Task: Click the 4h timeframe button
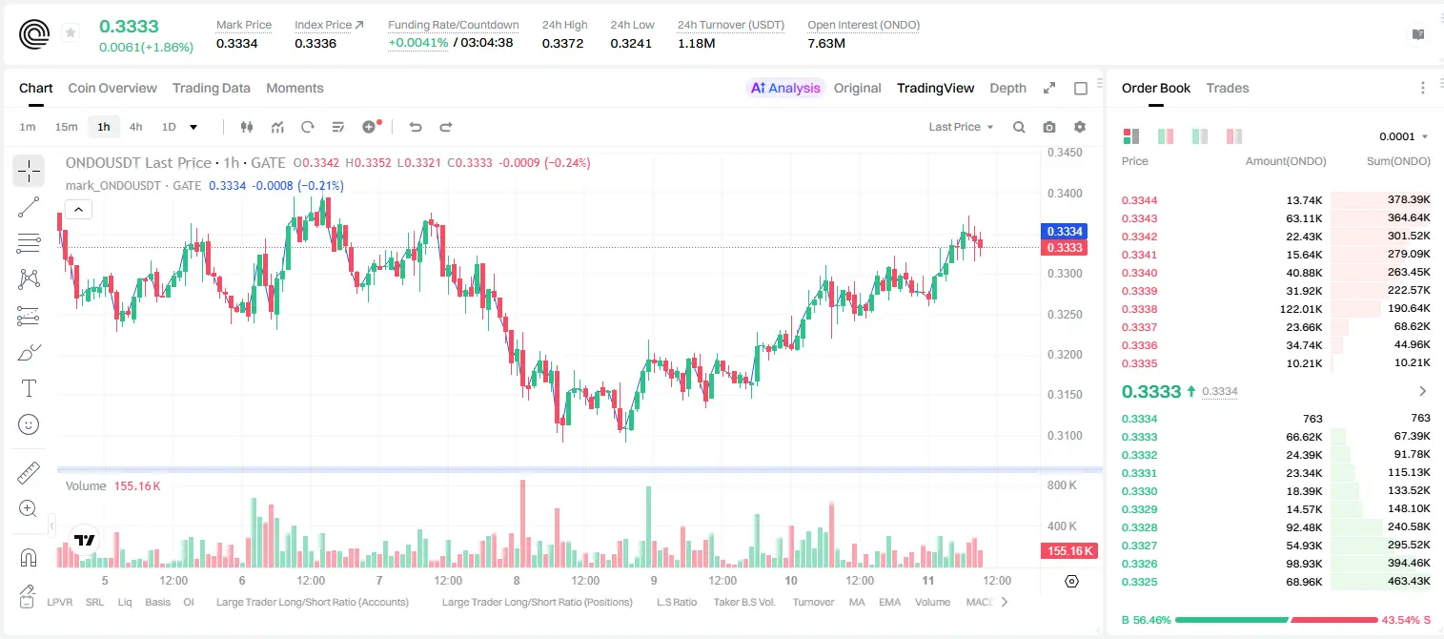point(135,127)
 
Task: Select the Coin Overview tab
point(112,88)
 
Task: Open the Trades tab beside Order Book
point(1228,88)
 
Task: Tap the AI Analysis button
point(785,88)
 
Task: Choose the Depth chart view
point(1007,88)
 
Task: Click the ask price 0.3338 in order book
point(1139,309)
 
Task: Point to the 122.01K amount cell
point(1301,309)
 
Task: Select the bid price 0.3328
point(1139,526)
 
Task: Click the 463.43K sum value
point(1409,581)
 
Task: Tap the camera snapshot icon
point(1049,127)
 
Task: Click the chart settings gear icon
point(1080,127)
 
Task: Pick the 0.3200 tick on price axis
point(1065,355)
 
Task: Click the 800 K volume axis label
point(1062,484)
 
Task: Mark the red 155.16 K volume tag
point(1069,550)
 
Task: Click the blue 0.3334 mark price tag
point(1065,231)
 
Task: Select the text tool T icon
point(29,388)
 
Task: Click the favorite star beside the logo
point(71,32)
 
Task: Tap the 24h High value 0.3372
point(562,43)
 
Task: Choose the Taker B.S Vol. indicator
point(743,602)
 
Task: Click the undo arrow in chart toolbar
point(416,127)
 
